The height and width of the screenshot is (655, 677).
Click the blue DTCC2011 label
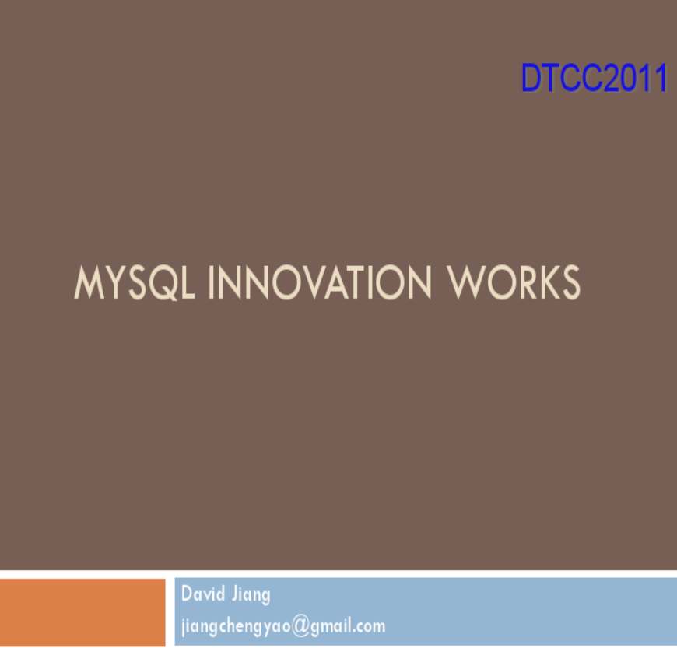[594, 78]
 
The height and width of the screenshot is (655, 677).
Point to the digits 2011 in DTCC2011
[634, 78]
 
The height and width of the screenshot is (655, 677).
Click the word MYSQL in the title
[134, 283]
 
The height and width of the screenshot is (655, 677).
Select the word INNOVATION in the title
[320, 282]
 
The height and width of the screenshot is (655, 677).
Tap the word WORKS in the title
[514, 282]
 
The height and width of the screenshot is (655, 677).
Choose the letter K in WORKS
[546, 282]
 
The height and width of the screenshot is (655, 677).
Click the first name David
[203, 594]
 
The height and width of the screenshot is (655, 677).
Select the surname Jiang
[251, 596]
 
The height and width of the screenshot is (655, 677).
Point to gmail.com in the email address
[348, 626]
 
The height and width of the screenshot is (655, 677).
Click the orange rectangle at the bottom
[82, 612]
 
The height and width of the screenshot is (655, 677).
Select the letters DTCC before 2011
[561, 78]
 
